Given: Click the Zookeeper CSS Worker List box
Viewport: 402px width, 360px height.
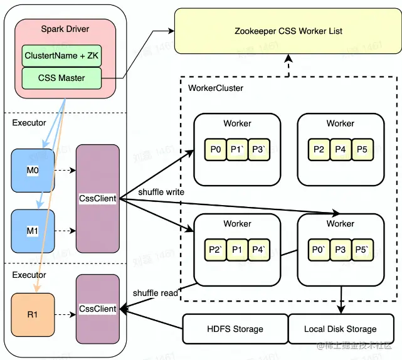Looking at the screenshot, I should [x=288, y=31].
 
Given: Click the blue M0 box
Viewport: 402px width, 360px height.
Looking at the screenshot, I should [x=33, y=170].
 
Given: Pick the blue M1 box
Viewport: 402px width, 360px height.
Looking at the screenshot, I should [x=33, y=231].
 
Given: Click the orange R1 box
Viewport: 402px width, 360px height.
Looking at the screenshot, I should [x=33, y=314].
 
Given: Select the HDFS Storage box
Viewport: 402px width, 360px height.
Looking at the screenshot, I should [x=235, y=329].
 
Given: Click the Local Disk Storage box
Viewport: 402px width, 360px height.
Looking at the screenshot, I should [x=341, y=329].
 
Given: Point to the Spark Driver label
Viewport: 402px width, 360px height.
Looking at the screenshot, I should [x=65, y=29].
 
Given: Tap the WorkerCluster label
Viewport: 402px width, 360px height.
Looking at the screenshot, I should [x=216, y=88].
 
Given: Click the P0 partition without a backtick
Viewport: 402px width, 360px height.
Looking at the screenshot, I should [x=216, y=149].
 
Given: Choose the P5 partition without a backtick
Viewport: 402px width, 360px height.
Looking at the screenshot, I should [x=361, y=149].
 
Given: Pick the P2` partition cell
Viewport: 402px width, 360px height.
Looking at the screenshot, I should [x=216, y=250].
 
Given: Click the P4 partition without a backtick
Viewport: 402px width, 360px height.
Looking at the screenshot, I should [x=341, y=149].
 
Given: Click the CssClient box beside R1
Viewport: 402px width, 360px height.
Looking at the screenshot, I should [x=97, y=309].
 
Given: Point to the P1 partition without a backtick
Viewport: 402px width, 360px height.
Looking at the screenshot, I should [x=237, y=250].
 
